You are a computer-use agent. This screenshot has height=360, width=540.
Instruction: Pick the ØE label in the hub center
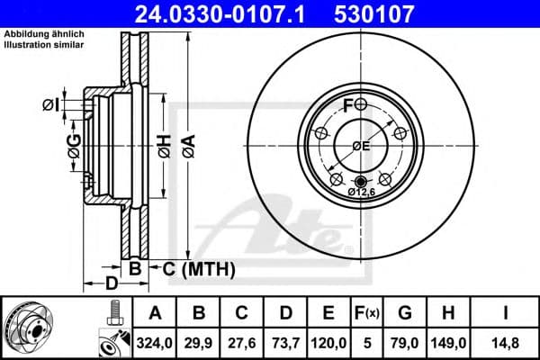tap(360, 147)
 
